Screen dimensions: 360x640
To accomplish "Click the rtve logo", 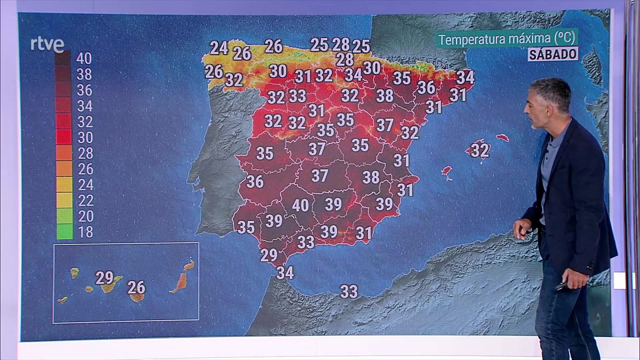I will point(47,44).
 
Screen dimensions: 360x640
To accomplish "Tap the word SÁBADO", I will point(553,54).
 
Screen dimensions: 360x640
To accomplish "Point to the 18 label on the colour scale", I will point(85,232).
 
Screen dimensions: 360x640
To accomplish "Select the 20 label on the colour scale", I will point(85,216).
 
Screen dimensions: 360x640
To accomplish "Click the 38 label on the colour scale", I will point(84,74).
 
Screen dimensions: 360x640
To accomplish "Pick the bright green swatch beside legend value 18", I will point(64,232).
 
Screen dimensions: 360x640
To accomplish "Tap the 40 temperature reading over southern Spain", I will point(300,206).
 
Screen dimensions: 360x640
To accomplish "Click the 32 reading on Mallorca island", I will point(480,150).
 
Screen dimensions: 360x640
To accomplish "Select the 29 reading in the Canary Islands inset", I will point(104,278).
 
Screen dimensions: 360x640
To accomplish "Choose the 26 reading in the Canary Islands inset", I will point(136,287).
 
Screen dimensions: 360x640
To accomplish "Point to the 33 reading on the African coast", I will point(349,292).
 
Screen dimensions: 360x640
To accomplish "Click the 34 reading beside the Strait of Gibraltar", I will point(285,273).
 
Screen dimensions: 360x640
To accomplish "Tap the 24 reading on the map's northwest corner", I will point(219,48).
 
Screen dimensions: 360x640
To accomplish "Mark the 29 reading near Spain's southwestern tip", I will point(269,255).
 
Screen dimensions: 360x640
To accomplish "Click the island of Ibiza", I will point(446,171).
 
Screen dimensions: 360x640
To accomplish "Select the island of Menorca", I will point(502,138).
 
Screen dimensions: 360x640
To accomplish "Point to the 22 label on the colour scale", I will point(85,200).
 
